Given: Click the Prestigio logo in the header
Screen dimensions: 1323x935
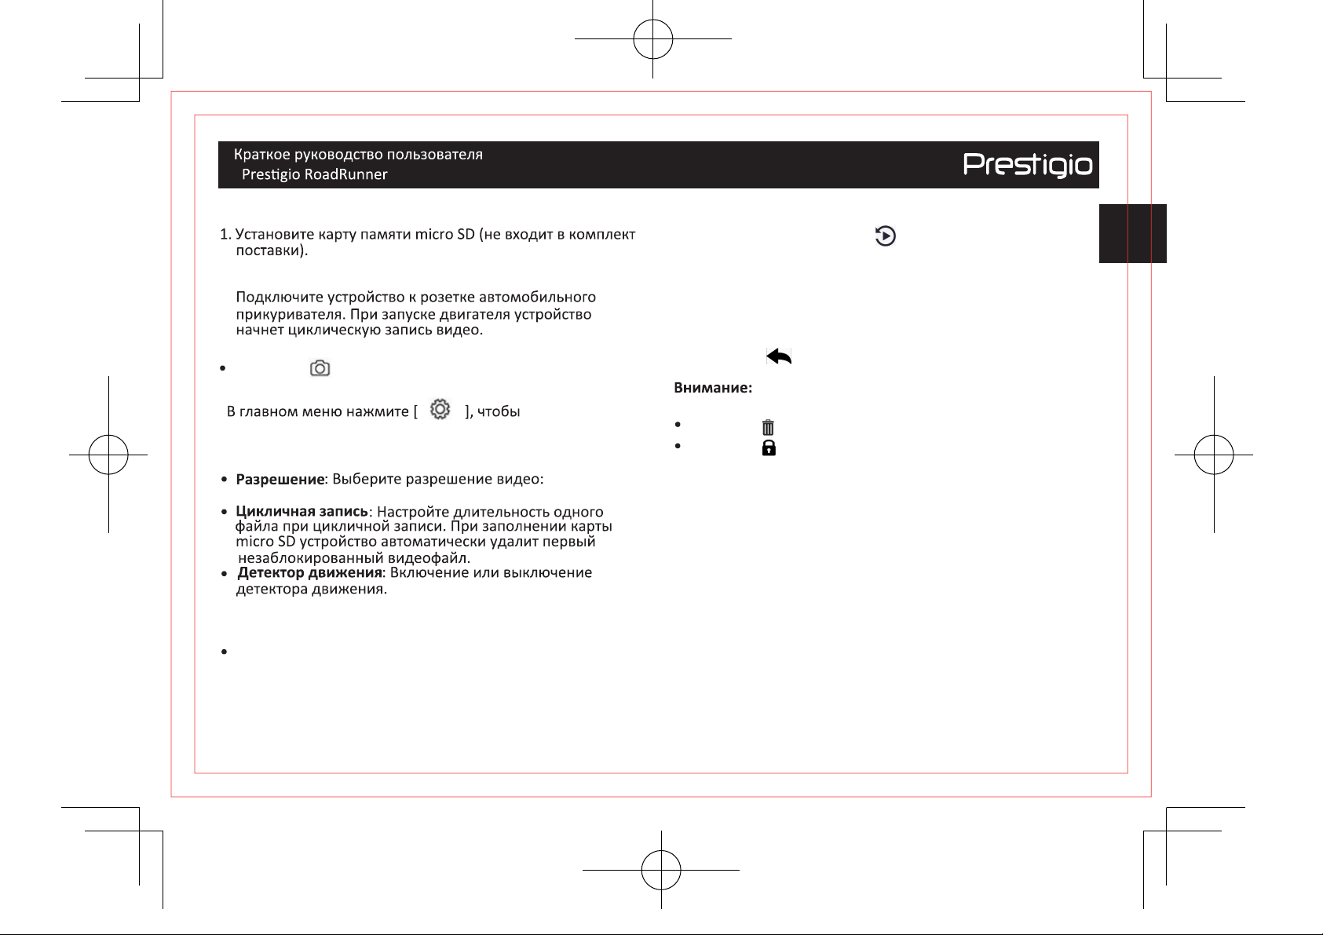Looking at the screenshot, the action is (x=1028, y=165).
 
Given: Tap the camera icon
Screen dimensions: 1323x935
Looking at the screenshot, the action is (x=320, y=368).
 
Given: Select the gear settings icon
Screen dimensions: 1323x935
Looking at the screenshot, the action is (x=440, y=409).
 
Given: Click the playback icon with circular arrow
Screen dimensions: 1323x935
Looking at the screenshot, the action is (x=885, y=236).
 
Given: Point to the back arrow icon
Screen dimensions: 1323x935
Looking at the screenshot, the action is (x=778, y=356).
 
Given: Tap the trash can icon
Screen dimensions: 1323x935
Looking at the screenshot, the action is (x=768, y=426).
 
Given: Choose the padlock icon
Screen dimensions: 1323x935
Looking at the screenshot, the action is (x=769, y=447).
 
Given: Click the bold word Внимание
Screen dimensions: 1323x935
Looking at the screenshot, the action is (x=713, y=388).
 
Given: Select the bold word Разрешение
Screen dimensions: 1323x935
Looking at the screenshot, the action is (x=280, y=479).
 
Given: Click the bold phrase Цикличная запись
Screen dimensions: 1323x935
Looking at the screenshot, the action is (x=302, y=511).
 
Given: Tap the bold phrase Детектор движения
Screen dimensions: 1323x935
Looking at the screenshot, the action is (x=309, y=572).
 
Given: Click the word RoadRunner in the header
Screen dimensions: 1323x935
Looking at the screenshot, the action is (x=345, y=174).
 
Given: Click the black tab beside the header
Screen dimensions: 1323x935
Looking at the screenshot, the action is (x=1133, y=233).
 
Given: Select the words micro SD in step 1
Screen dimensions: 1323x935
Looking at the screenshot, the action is (x=444, y=234).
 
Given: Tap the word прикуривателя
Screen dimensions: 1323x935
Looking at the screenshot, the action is (x=290, y=314).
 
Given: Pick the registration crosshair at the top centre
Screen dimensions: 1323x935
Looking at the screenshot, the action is (x=652, y=39).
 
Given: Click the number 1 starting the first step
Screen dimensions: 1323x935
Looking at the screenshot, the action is (x=224, y=235).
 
